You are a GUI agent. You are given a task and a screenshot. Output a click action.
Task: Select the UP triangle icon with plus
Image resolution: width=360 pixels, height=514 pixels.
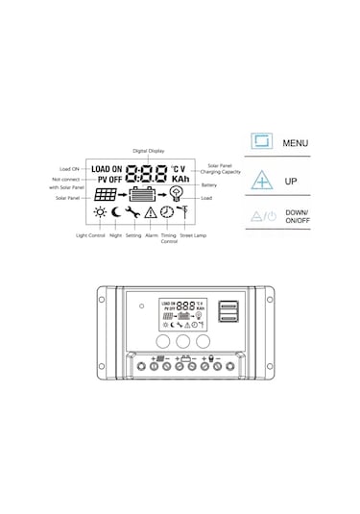[x=261, y=181]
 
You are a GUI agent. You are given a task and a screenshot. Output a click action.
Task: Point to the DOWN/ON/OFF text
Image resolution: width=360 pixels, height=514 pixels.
[x=299, y=218]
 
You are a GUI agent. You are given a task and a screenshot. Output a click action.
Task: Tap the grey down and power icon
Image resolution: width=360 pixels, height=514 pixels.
[x=260, y=217]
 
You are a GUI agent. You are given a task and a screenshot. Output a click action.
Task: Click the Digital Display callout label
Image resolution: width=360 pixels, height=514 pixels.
[x=147, y=151]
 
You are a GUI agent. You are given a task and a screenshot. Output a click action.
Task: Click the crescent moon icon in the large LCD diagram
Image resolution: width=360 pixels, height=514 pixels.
[x=116, y=212]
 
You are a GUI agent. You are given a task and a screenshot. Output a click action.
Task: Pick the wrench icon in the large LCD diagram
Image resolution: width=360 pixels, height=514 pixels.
[x=133, y=212]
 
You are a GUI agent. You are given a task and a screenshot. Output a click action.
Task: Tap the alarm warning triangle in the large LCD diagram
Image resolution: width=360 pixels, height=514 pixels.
[x=151, y=212]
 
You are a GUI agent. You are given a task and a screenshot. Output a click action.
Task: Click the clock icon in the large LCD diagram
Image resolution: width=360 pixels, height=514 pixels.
[x=167, y=212]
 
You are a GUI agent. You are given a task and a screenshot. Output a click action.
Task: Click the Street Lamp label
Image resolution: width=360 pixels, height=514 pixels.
[x=192, y=234]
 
